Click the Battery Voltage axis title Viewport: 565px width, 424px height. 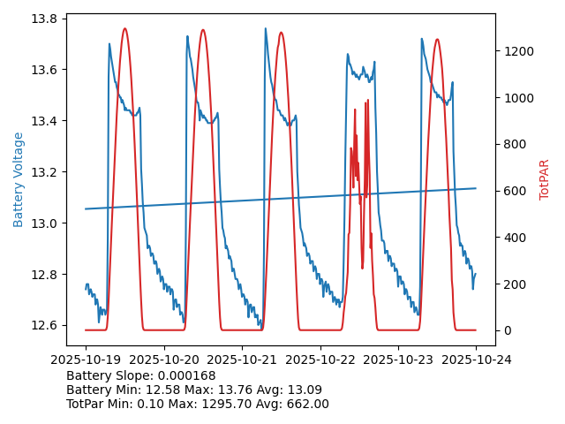point(19,179)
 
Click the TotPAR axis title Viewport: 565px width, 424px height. point(545,179)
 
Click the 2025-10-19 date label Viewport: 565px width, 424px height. point(86,360)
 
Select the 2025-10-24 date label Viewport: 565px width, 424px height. point(476,360)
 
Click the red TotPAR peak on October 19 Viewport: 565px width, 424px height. point(124,29)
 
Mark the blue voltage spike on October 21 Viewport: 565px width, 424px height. point(265,28)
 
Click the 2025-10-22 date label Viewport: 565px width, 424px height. point(320,360)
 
